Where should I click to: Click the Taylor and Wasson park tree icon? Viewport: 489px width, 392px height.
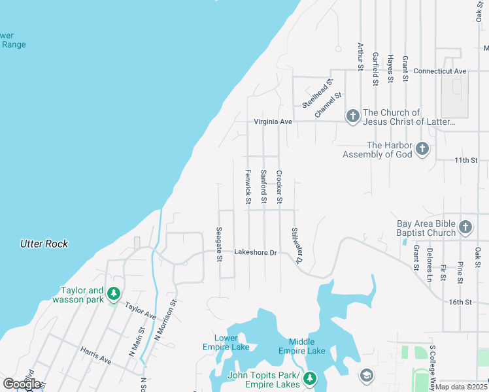tap(114, 293)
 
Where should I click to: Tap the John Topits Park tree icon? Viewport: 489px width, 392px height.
tap(310, 378)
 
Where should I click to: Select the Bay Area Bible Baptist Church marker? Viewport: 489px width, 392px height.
tap(465, 227)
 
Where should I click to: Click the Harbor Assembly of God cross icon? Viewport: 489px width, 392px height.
tap(422, 148)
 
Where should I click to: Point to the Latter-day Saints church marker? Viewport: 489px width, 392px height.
tap(352, 116)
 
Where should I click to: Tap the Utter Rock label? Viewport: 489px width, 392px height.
tap(44, 244)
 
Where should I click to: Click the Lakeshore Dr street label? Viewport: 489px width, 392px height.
tap(256, 252)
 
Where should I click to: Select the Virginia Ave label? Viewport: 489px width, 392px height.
tap(273, 122)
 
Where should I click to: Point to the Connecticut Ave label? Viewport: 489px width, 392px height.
tap(440, 71)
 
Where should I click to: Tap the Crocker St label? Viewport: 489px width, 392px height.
tap(279, 186)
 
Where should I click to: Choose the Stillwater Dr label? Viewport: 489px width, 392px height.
tap(297, 245)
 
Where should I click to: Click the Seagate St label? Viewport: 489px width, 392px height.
tap(219, 244)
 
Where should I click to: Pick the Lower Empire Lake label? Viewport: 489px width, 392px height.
tap(231, 342)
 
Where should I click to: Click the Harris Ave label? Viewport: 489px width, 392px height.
tap(97, 355)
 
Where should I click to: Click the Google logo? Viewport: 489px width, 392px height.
tap(22, 384)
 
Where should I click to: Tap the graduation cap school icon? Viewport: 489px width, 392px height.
tap(366, 375)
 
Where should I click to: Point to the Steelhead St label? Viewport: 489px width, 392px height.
tap(318, 93)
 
